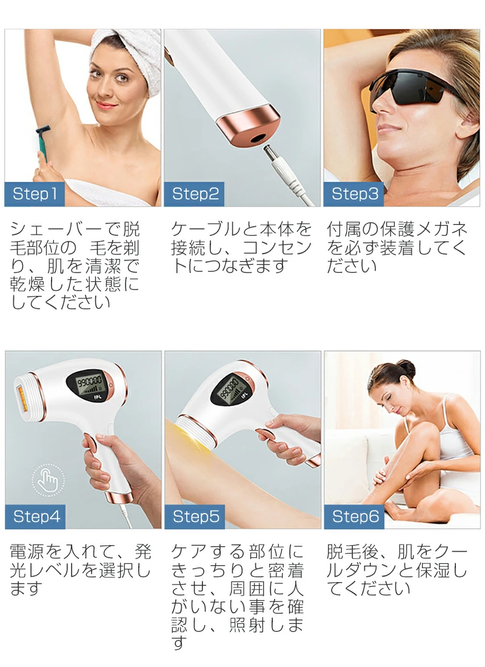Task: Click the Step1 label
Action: tap(35, 194)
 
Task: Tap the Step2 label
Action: tap(195, 194)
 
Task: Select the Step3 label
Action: tap(354, 194)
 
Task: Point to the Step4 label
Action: tap(35, 517)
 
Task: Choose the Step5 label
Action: tap(195, 517)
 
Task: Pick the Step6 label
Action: tap(355, 517)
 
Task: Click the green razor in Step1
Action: tap(42, 142)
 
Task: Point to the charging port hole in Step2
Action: tap(258, 138)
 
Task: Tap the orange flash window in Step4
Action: tap(22, 398)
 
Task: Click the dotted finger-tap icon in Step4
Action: tap(48, 480)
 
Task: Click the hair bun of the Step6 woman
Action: tap(406, 369)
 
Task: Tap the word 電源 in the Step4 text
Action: tap(27, 552)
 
